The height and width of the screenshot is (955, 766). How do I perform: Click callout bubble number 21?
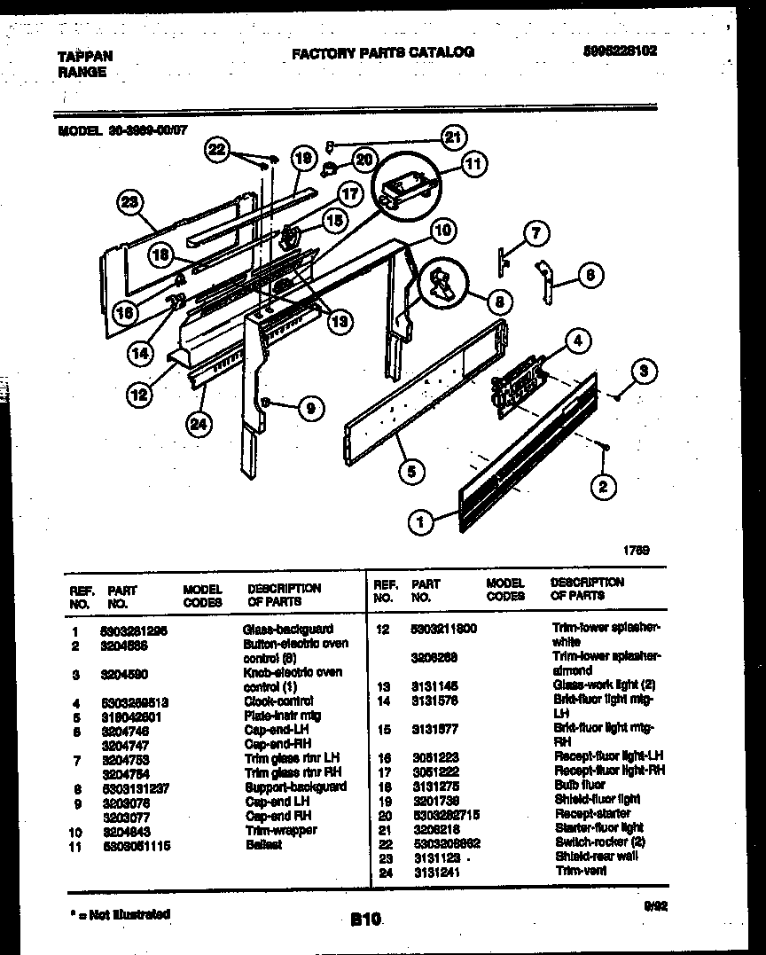(454, 137)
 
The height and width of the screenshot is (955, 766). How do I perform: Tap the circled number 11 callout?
(474, 164)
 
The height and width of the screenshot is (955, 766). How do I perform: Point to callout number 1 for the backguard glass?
(421, 522)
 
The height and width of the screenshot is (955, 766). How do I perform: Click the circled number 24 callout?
(199, 425)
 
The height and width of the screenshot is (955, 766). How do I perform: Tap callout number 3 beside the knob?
(645, 372)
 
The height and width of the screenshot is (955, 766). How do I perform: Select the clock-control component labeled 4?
(517, 381)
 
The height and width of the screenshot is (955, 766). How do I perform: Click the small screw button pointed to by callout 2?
(604, 450)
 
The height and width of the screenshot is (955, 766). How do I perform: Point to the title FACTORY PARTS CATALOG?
(383, 52)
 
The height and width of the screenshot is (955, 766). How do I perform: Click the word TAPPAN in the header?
(85, 56)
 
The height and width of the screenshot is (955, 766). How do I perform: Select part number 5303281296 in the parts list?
(135, 630)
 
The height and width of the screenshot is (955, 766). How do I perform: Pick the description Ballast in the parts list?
(263, 844)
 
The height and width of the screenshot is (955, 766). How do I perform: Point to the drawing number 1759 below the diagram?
(635, 550)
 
